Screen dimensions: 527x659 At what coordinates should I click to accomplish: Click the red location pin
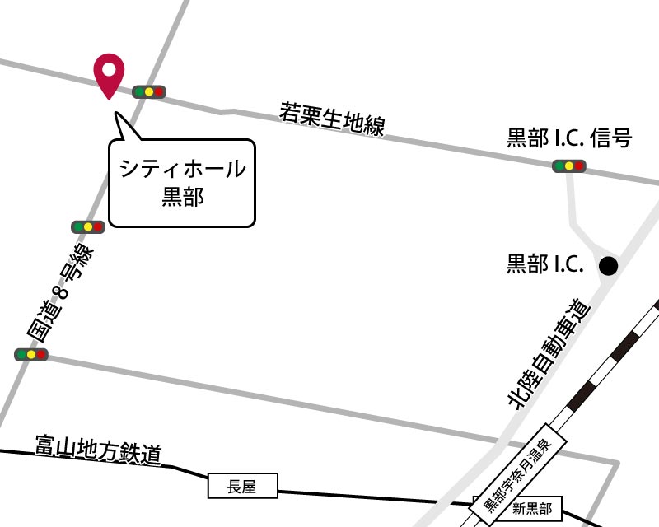[109, 73]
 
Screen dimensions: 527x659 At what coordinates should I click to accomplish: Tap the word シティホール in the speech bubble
[182, 169]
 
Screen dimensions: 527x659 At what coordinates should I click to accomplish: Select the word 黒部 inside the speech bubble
[182, 197]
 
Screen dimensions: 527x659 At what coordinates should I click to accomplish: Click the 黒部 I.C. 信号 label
[568, 138]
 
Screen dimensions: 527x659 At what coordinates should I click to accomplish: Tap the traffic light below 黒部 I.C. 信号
[568, 166]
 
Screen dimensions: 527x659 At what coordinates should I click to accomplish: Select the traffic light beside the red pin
[148, 92]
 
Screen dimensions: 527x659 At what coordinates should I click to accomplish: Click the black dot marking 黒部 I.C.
[608, 265]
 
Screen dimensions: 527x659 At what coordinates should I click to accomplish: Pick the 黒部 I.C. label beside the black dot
[544, 264]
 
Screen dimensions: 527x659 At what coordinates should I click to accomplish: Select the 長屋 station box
[242, 487]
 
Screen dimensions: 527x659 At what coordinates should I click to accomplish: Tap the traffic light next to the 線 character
[87, 226]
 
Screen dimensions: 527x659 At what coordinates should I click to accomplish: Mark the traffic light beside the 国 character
[31, 355]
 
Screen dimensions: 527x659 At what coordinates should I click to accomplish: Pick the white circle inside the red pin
[109, 68]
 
